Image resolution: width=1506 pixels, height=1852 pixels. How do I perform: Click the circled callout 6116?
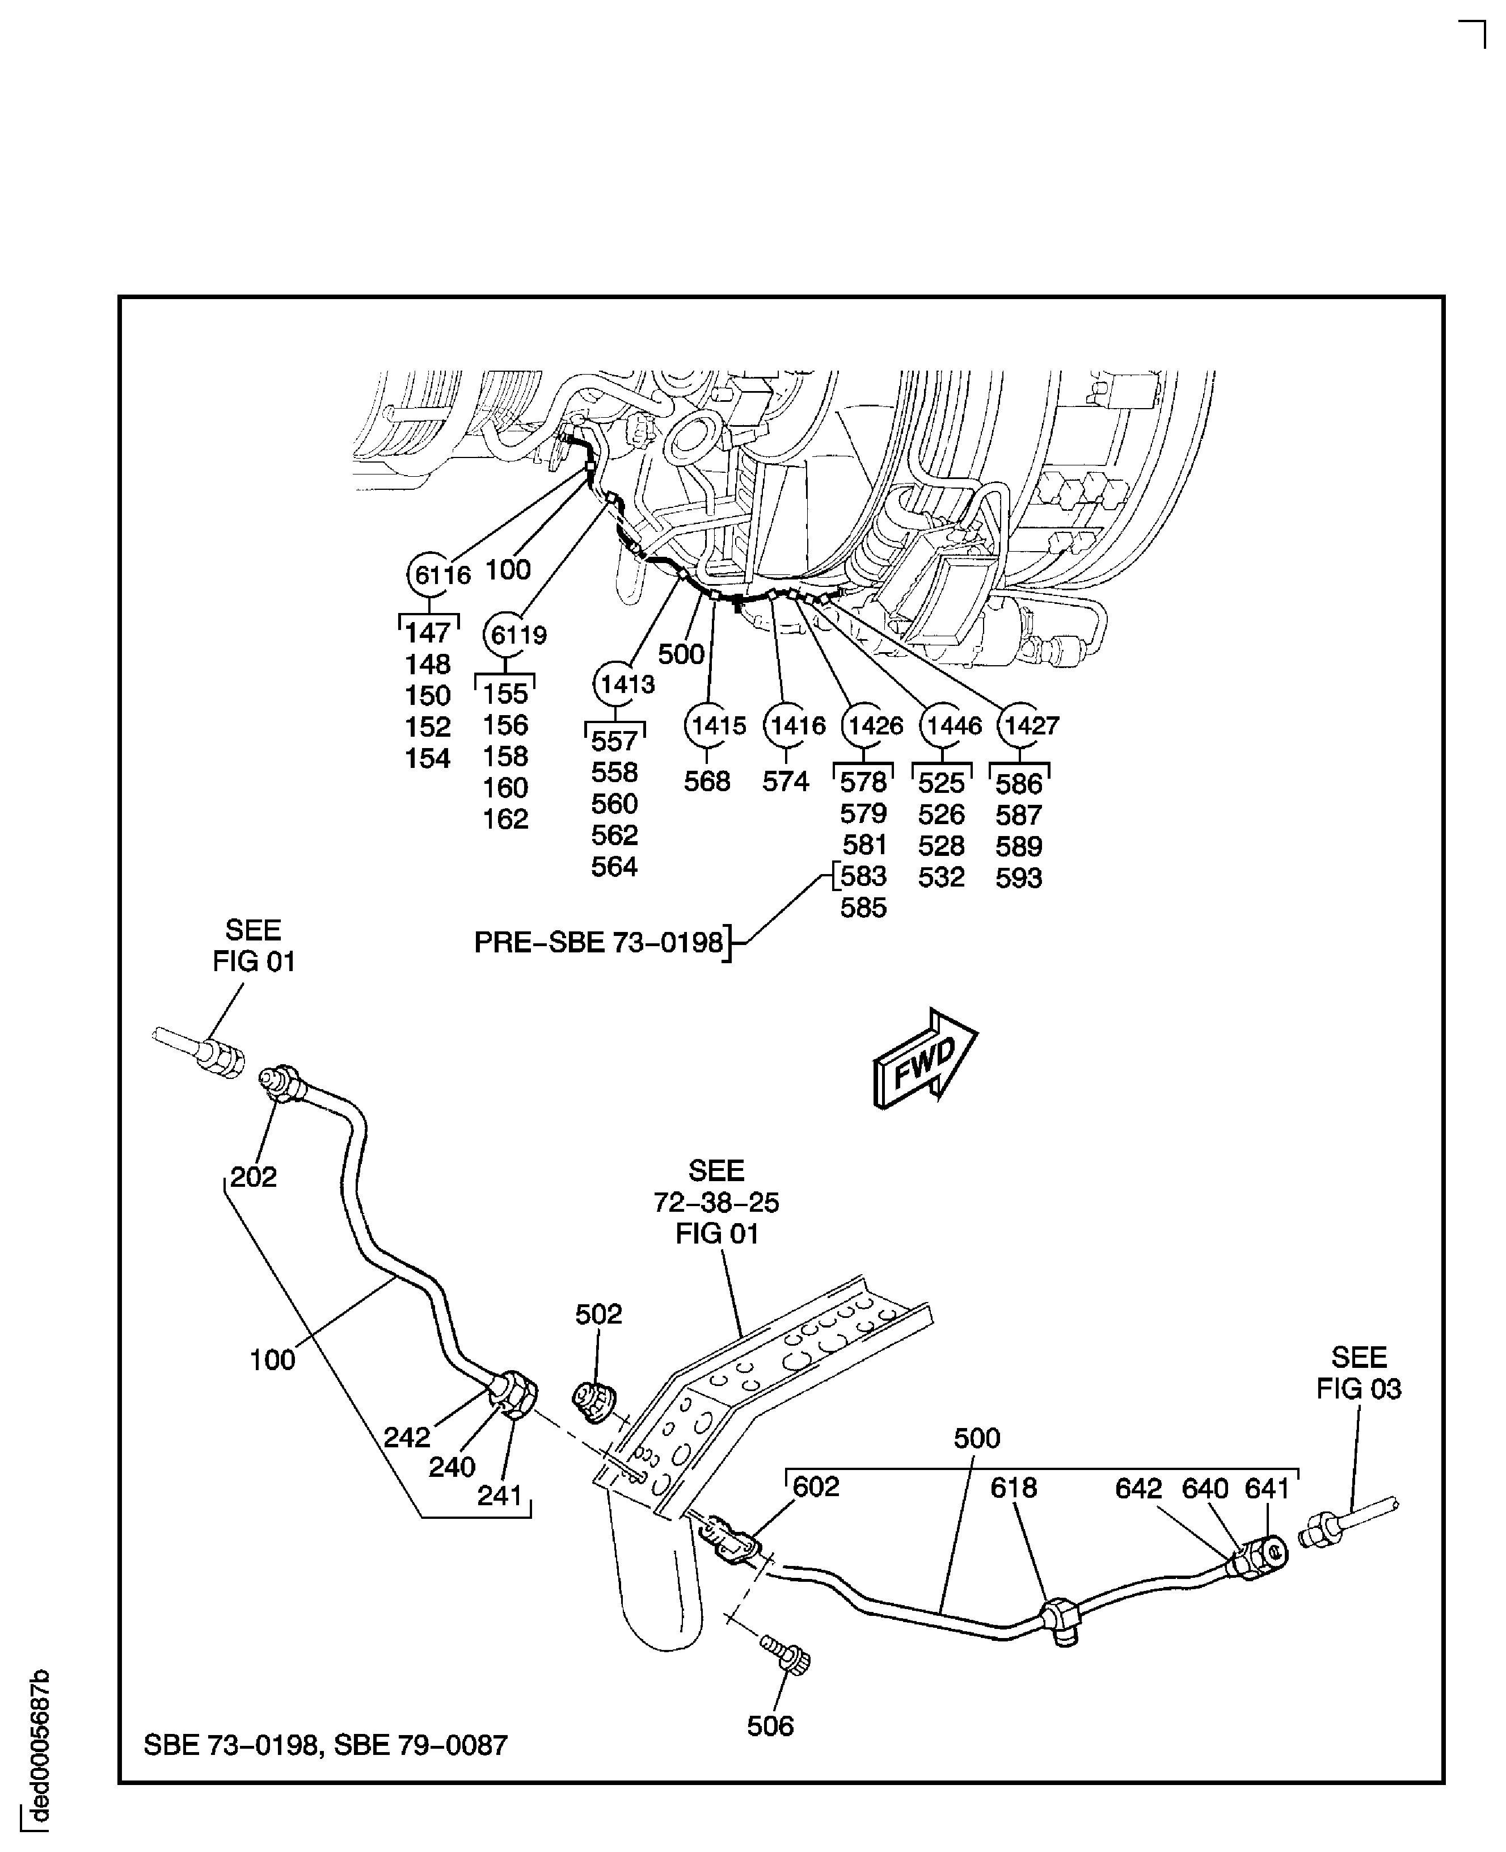[431, 574]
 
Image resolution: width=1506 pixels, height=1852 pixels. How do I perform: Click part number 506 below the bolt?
[770, 1726]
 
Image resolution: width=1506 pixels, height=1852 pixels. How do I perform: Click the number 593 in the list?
[1018, 877]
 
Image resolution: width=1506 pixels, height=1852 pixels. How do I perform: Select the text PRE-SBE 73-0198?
[598, 943]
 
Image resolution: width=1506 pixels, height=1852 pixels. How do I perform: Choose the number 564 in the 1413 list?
[614, 866]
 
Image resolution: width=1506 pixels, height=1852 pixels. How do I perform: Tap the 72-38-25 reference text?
[716, 1203]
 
